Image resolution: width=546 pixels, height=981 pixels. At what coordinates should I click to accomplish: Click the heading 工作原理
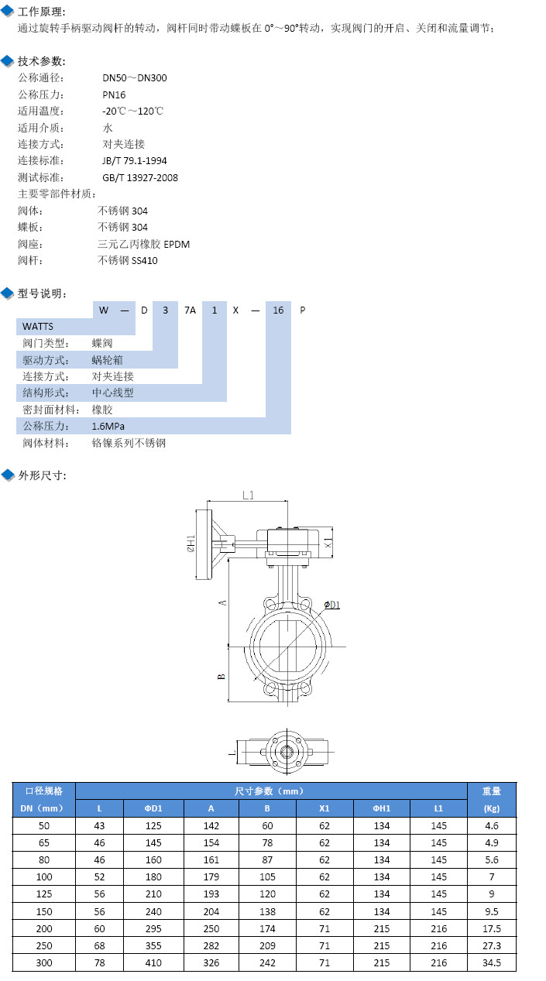pyautogui.click(x=42, y=12)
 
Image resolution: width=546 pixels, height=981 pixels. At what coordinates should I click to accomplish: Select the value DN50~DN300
pyautogui.click(x=134, y=77)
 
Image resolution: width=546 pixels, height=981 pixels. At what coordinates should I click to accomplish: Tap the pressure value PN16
pyautogui.click(x=114, y=94)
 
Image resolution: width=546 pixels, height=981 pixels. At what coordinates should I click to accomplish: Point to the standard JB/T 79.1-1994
pyautogui.click(x=134, y=161)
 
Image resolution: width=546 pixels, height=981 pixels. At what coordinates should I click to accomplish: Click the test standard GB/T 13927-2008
pyautogui.click(x=139, y=177)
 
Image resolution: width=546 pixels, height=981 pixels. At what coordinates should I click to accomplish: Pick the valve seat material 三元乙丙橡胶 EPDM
pyautogui.click(x=143, y=244)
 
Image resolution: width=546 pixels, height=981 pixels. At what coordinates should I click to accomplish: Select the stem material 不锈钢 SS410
pyautogui.click(x=128, y=260)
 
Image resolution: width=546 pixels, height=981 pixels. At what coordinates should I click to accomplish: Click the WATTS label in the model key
pyautogui.click(x=38, y=326)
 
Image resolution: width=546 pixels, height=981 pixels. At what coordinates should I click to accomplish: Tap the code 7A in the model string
pyautogui.click(x=190, y=310)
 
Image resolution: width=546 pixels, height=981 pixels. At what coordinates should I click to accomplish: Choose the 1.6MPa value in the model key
pyautogui.click(x=108, y=426)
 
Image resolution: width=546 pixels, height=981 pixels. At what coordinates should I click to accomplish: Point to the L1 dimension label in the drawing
pyautogui.click(x=249, y=496)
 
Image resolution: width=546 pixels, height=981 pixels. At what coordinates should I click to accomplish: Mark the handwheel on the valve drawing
pyautogui.click(x=207, y=544)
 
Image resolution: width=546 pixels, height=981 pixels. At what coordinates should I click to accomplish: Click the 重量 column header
pyautogui.click(x=491, y=791)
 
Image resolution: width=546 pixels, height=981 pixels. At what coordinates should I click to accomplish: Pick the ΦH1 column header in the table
pyautogui.click(x=381, y=808)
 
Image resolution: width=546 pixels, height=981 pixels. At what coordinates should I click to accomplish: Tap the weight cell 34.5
pyautogui.click(x=491, y=962)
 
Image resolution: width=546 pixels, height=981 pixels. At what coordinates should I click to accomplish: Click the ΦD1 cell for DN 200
pyautogui.click(x=153, y=928)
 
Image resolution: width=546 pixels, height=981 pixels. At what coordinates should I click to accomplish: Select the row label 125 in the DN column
pyautogui.click(x=44, y=894)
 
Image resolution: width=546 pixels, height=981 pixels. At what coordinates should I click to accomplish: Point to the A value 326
pyautogui.click(x=211, y=962)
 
